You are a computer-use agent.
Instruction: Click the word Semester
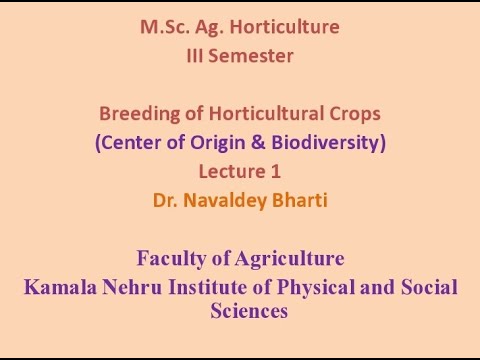pyautogui.click(x=254, y=56)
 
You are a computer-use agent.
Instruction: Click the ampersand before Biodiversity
pyautogui.click(x=255, y=142)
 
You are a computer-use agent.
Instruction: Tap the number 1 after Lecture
pyautogui.click(x=275, y=171)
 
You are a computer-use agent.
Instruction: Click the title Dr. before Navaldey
pyautogui.click(x=164, y=200)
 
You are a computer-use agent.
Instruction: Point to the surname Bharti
pyautogui.click(x=296, y=200)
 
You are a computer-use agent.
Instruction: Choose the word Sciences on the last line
pyautogui.click(x=249, y=311)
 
